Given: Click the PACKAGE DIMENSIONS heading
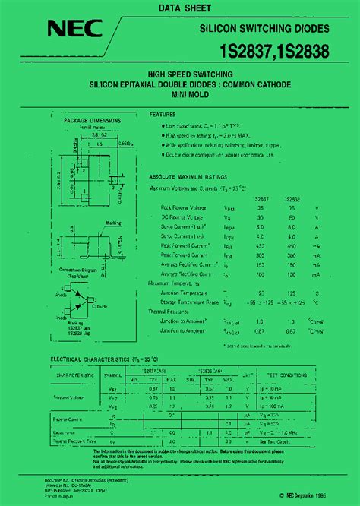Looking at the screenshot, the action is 91,120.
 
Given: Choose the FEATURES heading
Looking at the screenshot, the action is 163,114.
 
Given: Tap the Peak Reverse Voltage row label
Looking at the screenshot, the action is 187,207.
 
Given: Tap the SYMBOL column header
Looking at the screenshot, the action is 113,375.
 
